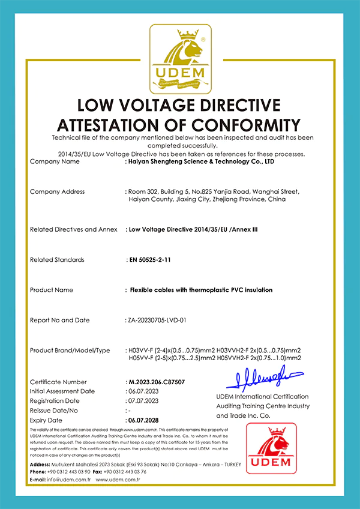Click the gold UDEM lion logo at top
coord(180,58)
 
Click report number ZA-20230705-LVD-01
coord(157,320)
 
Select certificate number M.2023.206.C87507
coord(156,382)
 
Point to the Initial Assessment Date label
coord(62,391)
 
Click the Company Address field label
coord(57,191)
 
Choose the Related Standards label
coord(57,260)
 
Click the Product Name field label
coord(52,290)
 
